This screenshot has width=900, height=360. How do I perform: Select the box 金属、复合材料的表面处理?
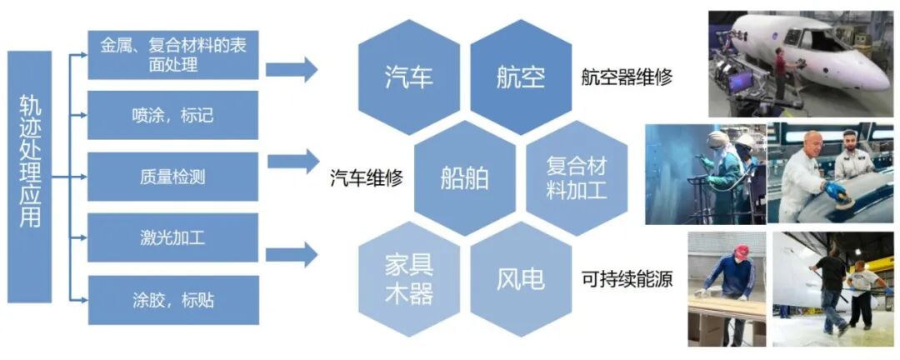[x=172, y=55]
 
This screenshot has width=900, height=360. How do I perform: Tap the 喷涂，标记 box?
[x=172, y=116]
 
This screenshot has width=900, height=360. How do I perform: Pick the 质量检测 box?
[x=172, y=177]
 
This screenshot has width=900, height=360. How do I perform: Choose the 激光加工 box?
[x=172, y=238]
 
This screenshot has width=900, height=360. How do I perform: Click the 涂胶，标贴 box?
[x=172, y=299]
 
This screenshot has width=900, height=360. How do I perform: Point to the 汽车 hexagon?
[x=409, y=77]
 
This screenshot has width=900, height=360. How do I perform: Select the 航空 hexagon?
[x=520, y=77]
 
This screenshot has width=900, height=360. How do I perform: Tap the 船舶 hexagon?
[x=465, y=177]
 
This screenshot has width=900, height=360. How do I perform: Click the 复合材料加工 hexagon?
[x=577, y=177]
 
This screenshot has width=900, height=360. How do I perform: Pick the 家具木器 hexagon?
[x=409, y=277]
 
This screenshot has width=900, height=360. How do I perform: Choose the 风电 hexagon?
[x=520, y=277]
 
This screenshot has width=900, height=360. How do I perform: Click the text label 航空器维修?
[x=627, y=77]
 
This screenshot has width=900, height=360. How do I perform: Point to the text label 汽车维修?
[x=367, y=177]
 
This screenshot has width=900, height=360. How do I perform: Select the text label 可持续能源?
[x=627, y=278]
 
